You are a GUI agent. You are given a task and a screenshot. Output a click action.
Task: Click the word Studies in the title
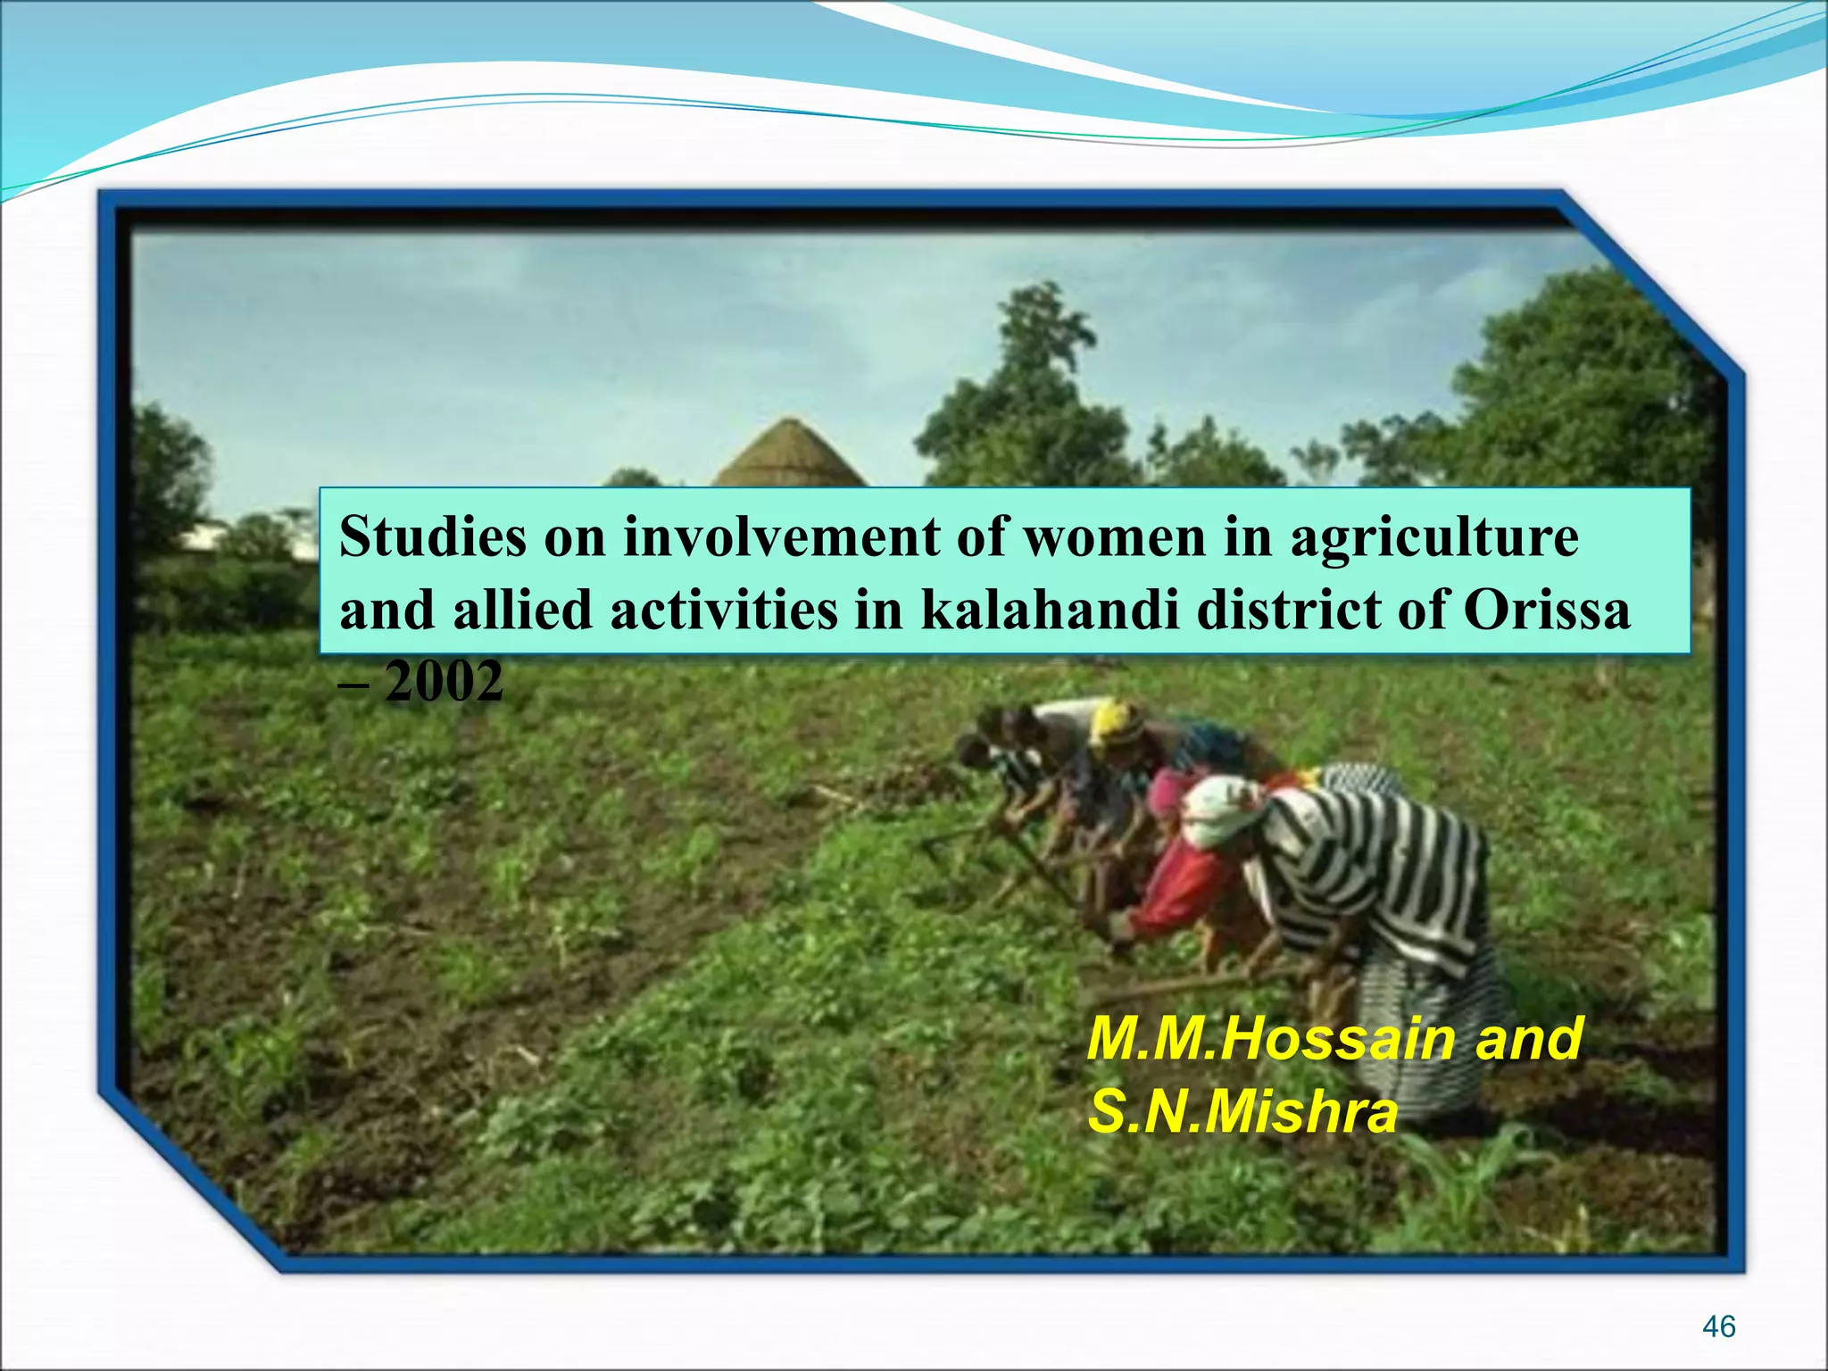tap(433, 538)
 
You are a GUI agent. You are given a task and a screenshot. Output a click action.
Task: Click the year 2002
tap(444, 683)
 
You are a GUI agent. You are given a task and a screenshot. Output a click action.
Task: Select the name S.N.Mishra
tap(1242, 1113)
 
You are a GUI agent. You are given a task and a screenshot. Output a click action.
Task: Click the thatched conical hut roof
tap(789, 455)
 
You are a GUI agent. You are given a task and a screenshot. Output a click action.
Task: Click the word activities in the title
tap(724, 611)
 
